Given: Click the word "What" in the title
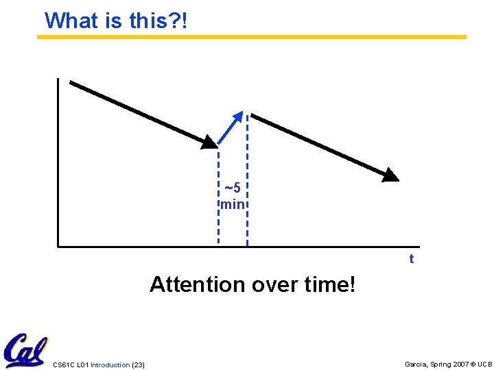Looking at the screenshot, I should (71, 21).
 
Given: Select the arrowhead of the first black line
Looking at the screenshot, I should (209, 141).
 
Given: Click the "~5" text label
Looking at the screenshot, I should (233, 188).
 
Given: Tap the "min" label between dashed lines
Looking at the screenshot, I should (233, 204).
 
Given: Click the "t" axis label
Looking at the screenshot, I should (412, 259).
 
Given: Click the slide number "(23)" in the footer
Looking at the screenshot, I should (138, 365).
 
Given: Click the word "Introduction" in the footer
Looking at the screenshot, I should (110, 365).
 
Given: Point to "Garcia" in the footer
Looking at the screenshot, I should (416, 365).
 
